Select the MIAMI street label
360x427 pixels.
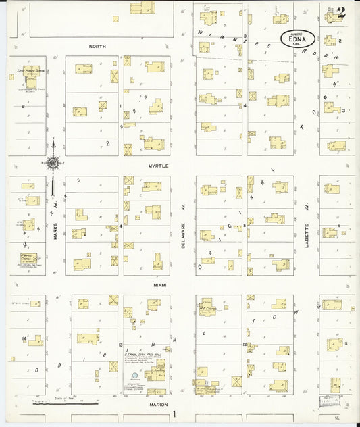[159, 285]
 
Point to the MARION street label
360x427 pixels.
[160, 404]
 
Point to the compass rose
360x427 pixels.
[53, 162]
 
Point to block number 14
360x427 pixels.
[24, 338]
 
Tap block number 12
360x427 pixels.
[242, 345]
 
